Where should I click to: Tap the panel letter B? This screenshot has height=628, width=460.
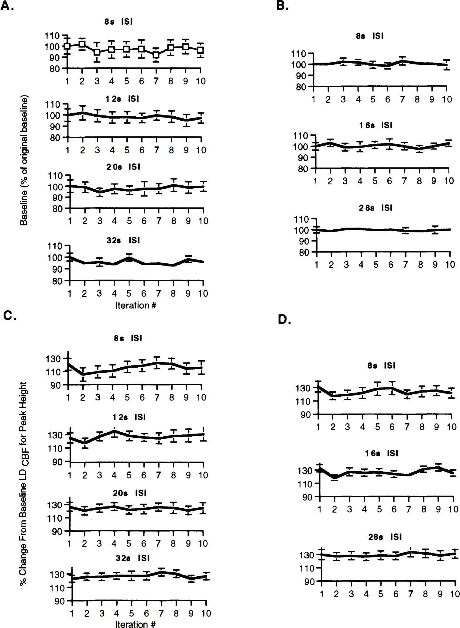(x=282, y=5)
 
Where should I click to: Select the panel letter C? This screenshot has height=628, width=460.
(x=10, y=315)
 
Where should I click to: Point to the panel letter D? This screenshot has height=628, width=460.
(x=284, y=319)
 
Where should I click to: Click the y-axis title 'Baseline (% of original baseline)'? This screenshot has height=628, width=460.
(x=24, y=160)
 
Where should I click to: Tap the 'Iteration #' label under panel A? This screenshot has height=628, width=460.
(x=136, y=305)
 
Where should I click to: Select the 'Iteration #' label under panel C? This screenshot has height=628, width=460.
(x=136, y=624)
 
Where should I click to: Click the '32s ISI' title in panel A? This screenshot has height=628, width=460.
(x=123, y=240)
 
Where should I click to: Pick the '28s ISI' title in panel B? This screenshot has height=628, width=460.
(x=376, y=208)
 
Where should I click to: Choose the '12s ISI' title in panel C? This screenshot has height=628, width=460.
(x=129, y=417)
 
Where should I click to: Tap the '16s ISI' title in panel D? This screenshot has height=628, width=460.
(x=382, y=453)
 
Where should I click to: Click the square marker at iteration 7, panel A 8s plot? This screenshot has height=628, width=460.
(x=156, y=55)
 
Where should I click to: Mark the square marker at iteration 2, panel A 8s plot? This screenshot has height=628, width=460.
(x=82, y=44)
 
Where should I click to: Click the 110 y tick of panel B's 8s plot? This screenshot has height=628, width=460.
(x=298, y=54)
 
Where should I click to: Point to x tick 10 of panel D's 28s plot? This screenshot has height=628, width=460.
(x=455, y=594)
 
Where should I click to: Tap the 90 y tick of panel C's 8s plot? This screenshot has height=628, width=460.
(x=56, y=385)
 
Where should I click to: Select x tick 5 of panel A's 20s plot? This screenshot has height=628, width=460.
(x=129, y=221)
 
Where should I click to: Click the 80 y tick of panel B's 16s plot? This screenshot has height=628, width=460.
(x=303, y=169)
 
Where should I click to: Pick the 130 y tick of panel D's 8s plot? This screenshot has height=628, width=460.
(x=303, y=388)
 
